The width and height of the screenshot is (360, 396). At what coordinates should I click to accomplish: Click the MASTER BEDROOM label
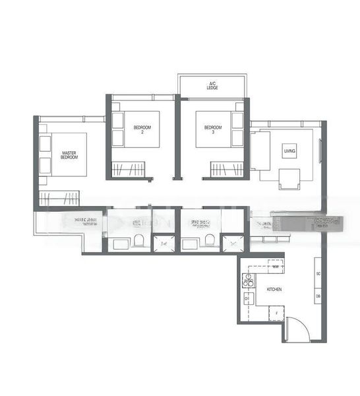click(x=69, y=155)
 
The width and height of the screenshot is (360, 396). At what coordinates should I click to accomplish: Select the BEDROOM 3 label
click(x=212, y=129)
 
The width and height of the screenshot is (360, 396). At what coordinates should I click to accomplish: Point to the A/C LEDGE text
click(x=213, y=85)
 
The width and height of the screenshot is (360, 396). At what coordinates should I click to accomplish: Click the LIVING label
click(x=289, y=151)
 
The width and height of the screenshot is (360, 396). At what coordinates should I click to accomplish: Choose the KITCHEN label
click(x=274, y=290)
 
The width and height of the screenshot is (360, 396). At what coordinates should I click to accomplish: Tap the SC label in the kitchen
click(x=318, y=273)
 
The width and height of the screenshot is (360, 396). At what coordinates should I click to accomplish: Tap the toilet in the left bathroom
click(x=138, y=239)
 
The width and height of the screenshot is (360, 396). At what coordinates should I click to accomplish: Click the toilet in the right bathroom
click(x=210, y=239)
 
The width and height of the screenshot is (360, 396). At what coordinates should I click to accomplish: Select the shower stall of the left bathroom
click(x=162, y=244)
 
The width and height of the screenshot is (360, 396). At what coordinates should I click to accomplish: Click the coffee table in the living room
click(x=289, y=178)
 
